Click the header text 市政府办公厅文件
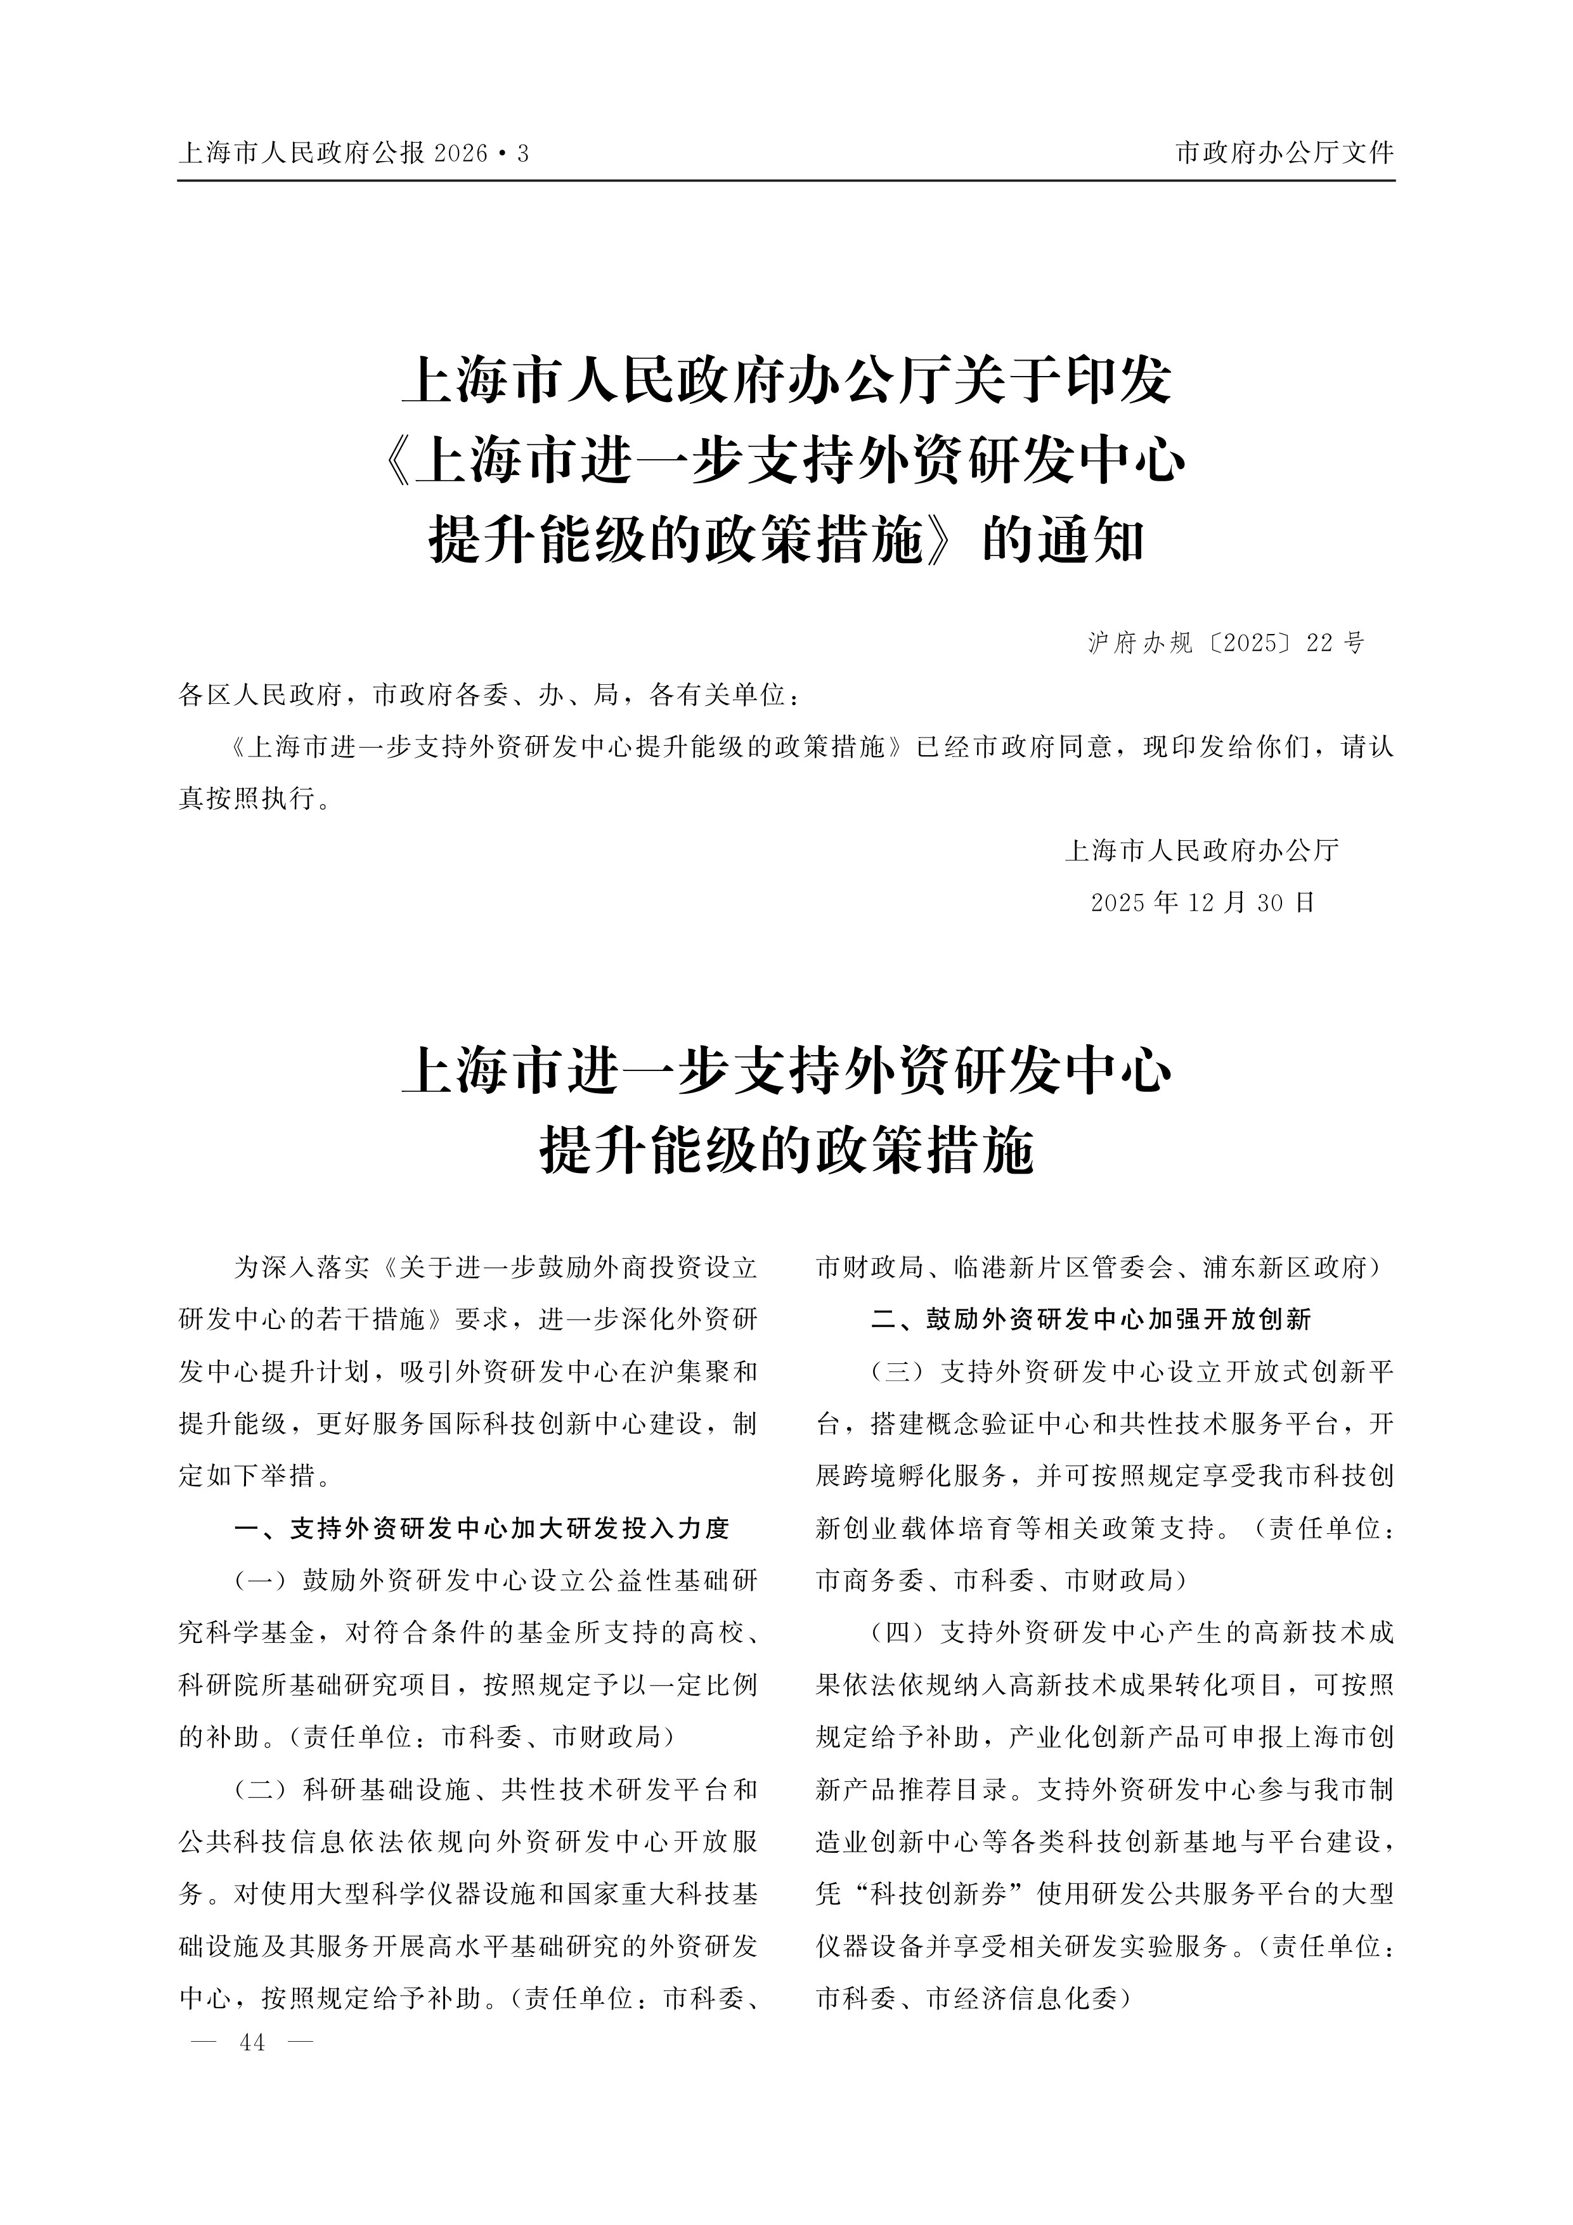click(1284, 153)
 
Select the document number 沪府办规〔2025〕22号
click(1226, 642)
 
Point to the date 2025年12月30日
click(1203, 903)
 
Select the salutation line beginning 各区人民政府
click(490, 695)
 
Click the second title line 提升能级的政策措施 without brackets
click(786, 1150)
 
